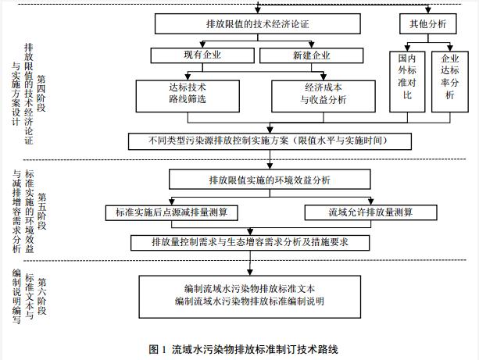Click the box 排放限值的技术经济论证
[257, 24]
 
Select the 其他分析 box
[427, 24]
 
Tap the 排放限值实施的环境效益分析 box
[270, 181]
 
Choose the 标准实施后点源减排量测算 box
[170, 212]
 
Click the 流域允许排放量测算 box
[371, 212]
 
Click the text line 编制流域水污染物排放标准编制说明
[249, 301]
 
